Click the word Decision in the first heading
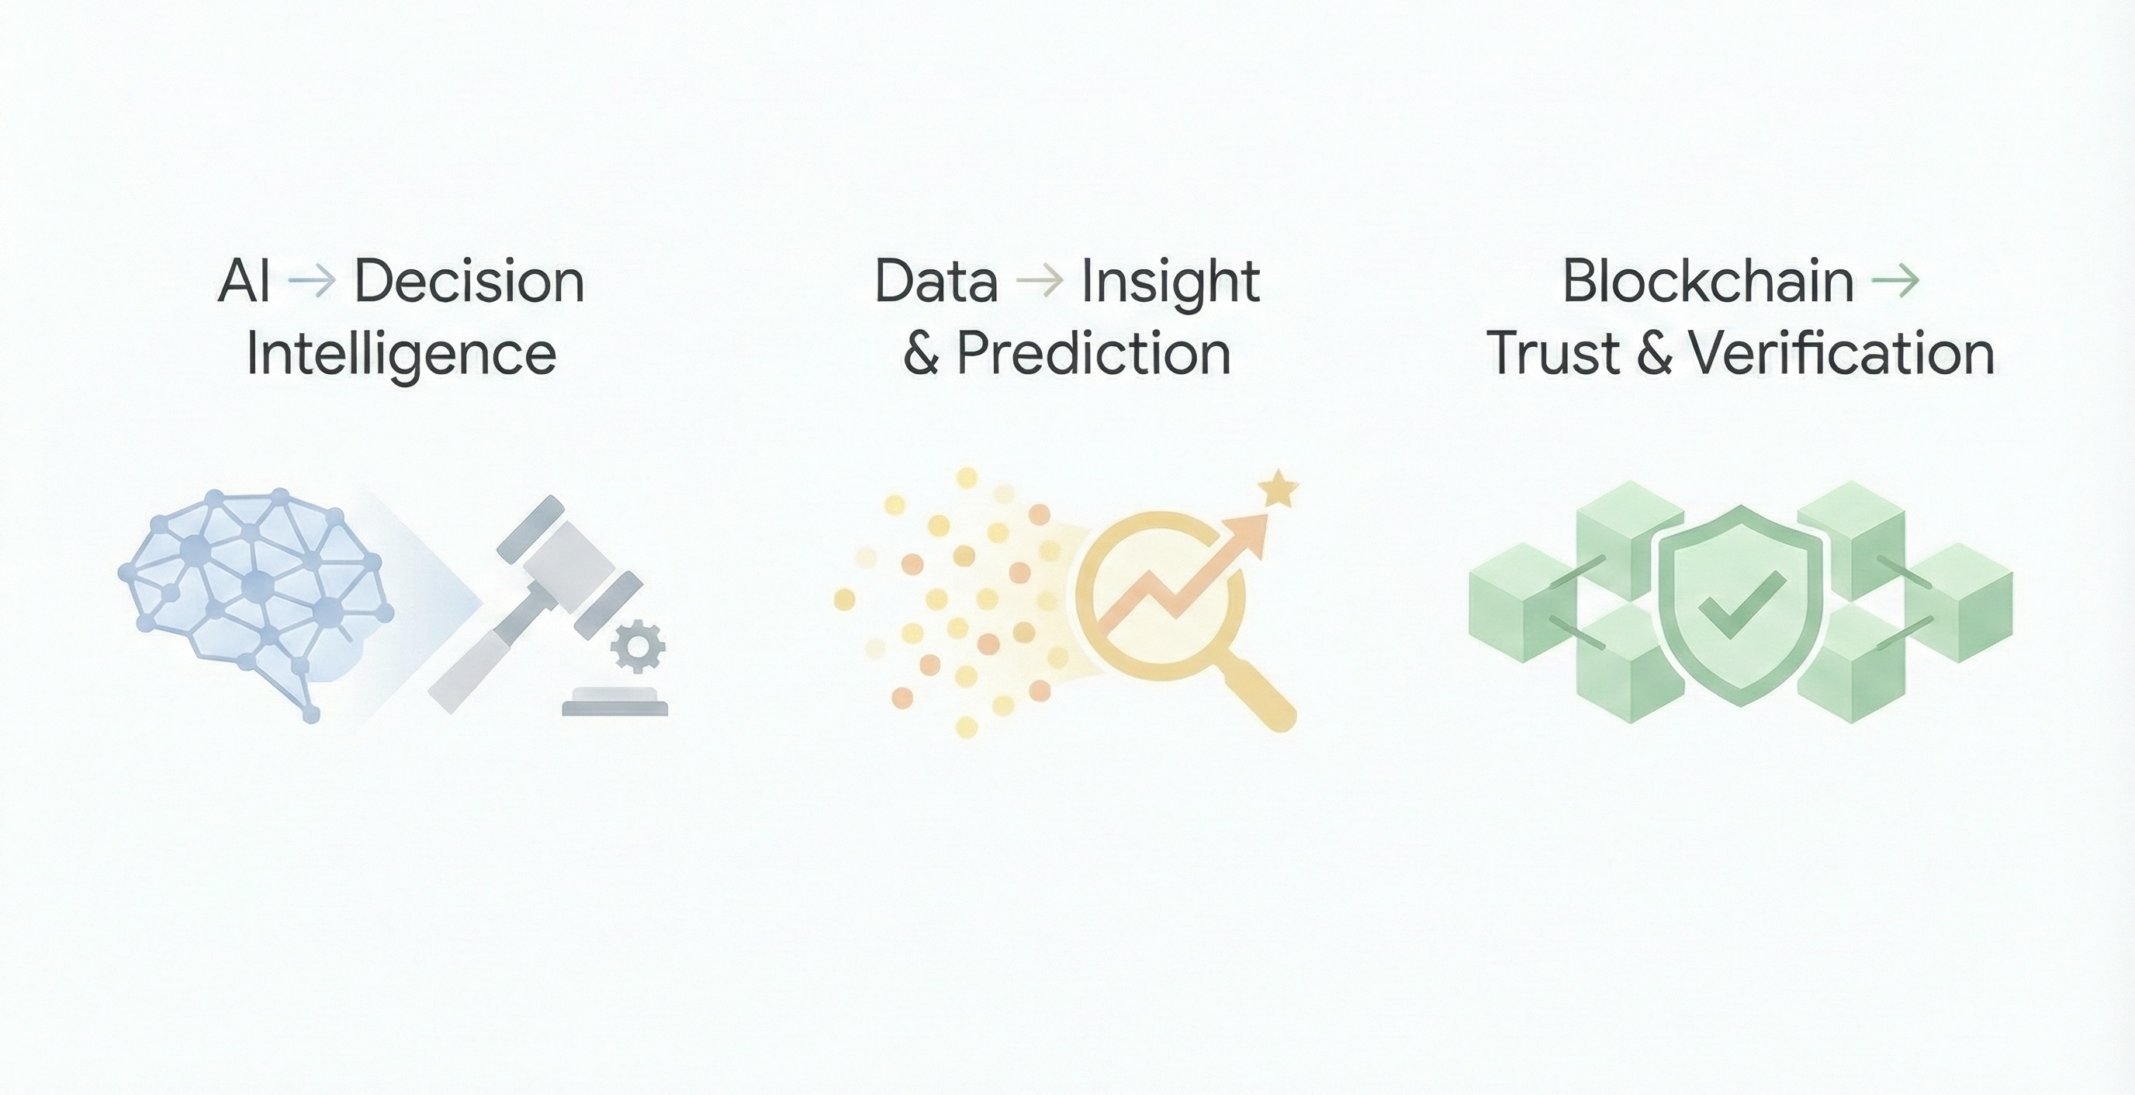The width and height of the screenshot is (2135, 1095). tap(470, 281)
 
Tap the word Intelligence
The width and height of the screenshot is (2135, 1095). tap(401, 355)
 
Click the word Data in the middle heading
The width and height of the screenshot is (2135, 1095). tap(936, 281)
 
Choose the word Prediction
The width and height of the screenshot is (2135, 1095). tap(1094, 354)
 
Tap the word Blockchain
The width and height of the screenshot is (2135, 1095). tap(1708, 281)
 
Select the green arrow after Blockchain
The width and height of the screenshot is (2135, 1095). tap(1895, 281)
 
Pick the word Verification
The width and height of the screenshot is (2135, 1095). tap(1843, 354)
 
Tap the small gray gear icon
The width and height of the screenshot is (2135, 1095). tap(638, 646)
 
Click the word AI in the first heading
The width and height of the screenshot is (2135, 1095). tap(244, 281)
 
